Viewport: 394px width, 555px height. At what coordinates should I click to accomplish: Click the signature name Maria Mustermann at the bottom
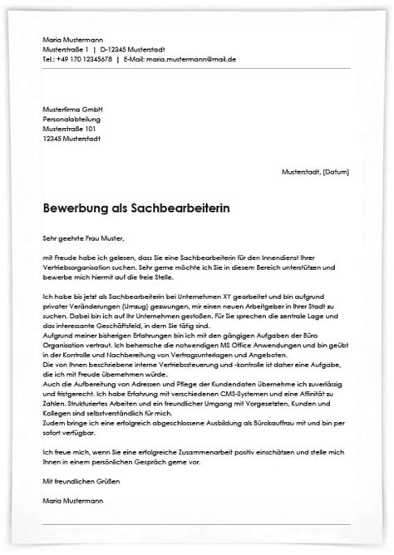point(73,501)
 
